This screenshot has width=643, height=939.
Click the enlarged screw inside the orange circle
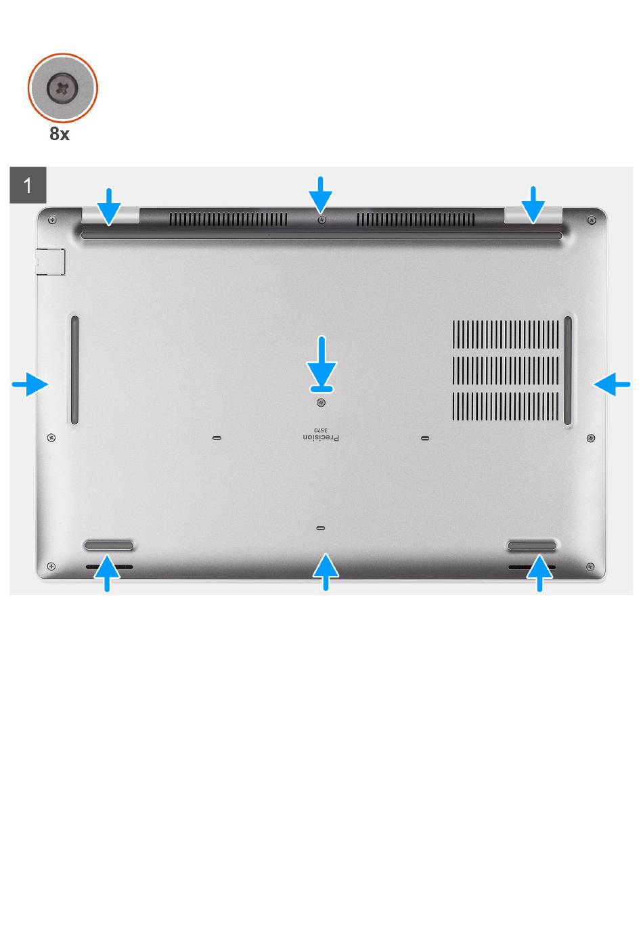[x=62, y=88]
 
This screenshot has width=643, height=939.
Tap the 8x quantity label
[x=60, y=134]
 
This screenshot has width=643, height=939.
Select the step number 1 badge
[x=28, y=185]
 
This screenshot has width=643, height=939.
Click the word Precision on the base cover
[x=321, y=437]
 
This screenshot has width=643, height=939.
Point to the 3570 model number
[x=321, y=430]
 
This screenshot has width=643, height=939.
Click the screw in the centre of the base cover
[x=321, y=403]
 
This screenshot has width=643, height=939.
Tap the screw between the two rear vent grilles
[x=321, y=219]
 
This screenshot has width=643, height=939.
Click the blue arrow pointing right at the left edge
[x=30, y=384]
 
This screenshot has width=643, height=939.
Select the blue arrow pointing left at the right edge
[x=612, y=384]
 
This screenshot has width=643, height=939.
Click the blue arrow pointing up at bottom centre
[x=326, y=572]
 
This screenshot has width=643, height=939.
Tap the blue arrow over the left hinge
[x=110, y=206]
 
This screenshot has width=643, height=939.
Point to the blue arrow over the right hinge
[x=533, y=205]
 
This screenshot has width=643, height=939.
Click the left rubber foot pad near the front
[x=108, y=546]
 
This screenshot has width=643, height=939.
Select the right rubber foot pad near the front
[x=531, y=546]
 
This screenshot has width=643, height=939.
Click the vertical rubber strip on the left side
[x=74, y=370]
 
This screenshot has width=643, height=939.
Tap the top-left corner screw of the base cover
[x=52, y=219]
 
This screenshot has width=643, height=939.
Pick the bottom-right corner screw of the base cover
[x=590, y=567]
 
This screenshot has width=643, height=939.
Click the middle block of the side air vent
[x=506, y=370]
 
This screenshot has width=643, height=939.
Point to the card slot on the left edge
[x=50, y=262]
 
